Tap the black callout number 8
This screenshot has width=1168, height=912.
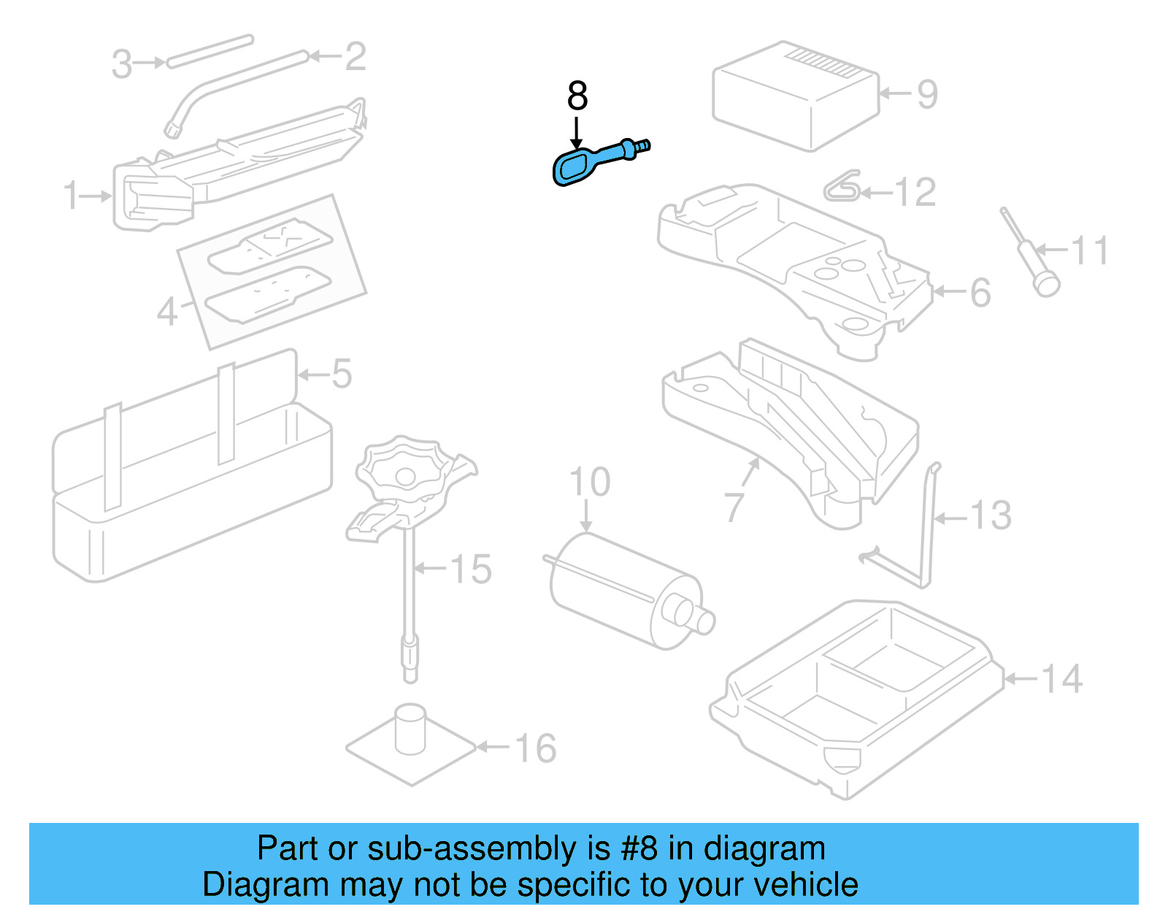[x=577, y=96]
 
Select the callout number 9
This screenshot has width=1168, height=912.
[x=927, y=94]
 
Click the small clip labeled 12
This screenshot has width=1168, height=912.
[x=842, y=186]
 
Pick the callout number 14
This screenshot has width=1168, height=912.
[x=1061, y=679]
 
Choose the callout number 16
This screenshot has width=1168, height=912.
[x=535, y=748]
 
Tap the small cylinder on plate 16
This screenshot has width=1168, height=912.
[x=410, y=729]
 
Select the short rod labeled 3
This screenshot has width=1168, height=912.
[x=210, y=52]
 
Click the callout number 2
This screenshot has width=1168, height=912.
[x=356, y=56]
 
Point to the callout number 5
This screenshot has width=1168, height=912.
[x=342, y=374]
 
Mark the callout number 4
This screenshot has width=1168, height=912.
[x=166, y=312]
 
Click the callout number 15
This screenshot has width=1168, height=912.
[x=470, y=569]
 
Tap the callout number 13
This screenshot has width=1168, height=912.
[x=991, y=515]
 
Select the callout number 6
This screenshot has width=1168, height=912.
[x=980, y=293]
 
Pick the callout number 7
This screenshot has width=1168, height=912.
[x=734, y=507]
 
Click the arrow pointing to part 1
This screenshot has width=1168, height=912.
[x=96, y=196]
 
